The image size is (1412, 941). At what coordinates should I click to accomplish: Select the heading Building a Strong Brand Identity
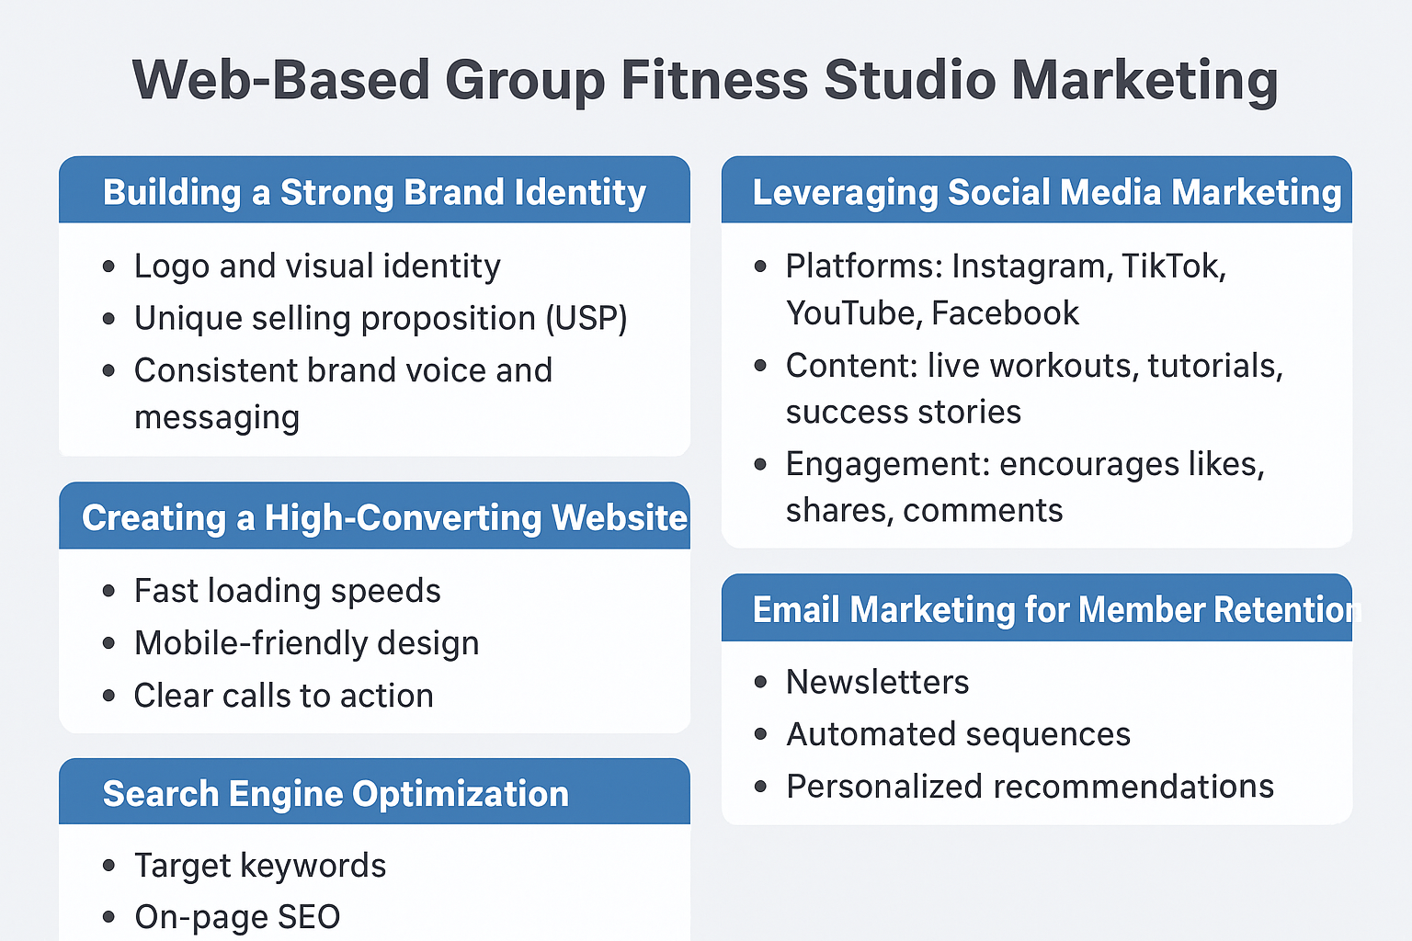point(374,193)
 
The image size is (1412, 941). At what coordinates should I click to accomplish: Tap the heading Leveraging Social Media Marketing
point(1047,193)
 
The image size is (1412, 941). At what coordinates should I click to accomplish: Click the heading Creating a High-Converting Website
point(384,518)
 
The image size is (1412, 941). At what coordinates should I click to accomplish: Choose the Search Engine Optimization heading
point(336,794)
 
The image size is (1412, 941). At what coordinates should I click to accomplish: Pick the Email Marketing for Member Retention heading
point(1053,610)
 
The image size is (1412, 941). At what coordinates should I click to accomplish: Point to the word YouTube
point(850,313)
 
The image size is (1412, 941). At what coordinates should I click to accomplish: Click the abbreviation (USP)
point(586,319)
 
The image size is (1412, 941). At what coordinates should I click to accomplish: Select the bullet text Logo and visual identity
point(317,266)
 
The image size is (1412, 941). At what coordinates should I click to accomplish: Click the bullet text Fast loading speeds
point(287,591)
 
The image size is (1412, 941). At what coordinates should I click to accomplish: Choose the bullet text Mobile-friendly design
point(306,643)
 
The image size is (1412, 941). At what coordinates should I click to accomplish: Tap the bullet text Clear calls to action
point(283,696)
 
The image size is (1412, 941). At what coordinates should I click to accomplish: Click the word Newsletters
point(877,682)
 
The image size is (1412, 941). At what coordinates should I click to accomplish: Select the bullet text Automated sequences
point(958,734)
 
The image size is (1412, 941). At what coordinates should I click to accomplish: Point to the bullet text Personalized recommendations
point(1030,787)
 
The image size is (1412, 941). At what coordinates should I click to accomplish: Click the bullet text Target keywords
point(260,866)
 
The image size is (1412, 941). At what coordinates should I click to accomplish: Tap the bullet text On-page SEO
point(237,917)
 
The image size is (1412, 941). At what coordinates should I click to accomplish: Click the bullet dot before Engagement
point(760,464)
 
